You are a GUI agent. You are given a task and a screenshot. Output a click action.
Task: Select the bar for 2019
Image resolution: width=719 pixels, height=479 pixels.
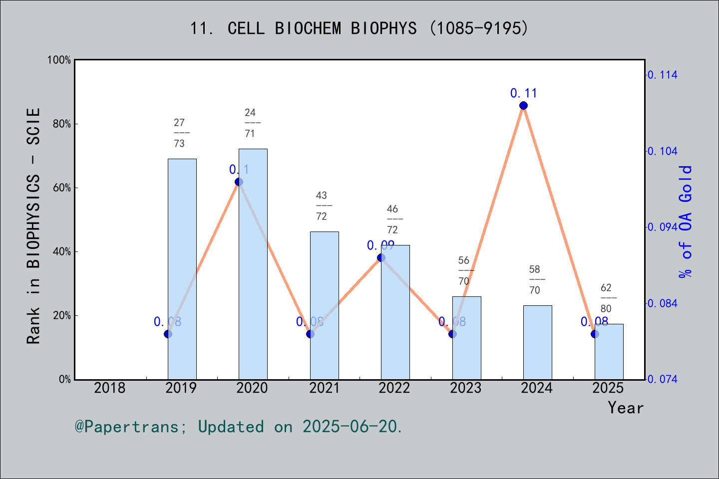pos(182,269)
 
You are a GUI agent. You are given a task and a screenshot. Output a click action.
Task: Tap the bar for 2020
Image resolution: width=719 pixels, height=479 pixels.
pos(253,264)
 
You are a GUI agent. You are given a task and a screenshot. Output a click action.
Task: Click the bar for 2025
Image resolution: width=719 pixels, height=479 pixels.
pos(609,352)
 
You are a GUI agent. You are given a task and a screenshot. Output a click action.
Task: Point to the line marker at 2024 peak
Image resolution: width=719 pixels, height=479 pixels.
pos(523,105)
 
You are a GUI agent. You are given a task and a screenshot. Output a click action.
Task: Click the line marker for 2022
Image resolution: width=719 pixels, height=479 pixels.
pos(381,257)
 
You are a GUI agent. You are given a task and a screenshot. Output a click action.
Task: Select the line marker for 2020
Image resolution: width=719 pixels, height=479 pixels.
pos(239,182)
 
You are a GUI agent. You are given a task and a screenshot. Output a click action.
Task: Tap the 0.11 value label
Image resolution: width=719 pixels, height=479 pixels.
pos(523,93)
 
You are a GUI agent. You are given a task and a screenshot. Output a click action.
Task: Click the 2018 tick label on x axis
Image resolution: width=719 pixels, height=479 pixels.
pos(110,388)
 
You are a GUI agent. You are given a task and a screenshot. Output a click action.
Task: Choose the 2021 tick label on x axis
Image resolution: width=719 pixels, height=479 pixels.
pos(324,388)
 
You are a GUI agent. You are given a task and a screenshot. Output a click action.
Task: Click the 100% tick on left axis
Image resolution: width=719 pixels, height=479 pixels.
pos(59,60)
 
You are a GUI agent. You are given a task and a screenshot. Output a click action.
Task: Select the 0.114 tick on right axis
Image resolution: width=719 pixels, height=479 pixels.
pos(663,75)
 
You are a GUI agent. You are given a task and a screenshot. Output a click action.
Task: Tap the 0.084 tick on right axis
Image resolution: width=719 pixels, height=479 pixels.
pos(663,303)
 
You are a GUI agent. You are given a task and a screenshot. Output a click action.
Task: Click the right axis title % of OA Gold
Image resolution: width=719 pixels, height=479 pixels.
pos(686,222)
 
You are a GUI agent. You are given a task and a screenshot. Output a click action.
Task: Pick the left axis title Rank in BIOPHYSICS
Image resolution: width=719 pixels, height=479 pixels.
pos(33,226)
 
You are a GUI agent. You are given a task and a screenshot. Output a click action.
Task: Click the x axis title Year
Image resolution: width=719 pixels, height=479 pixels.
pos(625,408)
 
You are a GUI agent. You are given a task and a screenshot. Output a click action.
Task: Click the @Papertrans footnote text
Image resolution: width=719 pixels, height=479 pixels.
pos(239,427)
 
